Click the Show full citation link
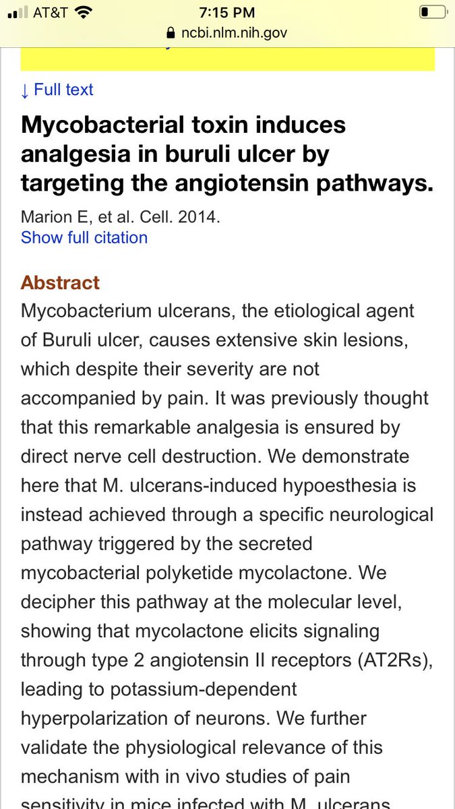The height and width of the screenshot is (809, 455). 84,237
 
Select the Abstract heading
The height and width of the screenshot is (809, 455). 60,282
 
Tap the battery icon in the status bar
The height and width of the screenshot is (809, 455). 432,12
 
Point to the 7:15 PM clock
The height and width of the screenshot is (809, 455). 226,12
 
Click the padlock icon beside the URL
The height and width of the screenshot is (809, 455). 169,33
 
